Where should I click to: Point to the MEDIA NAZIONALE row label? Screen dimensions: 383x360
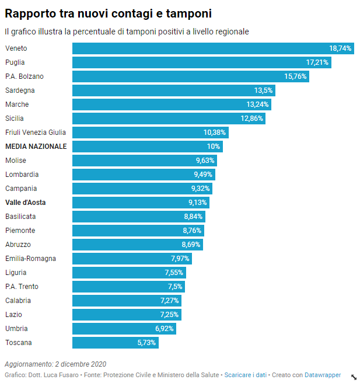pos(36,147)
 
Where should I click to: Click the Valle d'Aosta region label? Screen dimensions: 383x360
pos(26,203)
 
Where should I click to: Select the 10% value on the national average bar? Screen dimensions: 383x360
pos(213,147)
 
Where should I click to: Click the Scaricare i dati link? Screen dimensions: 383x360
pos(245,375)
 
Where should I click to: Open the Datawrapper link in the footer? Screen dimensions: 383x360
pos(323,375)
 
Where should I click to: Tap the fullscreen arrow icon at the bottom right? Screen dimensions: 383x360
pos(353,377)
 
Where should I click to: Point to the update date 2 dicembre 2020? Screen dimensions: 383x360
pos(81,364)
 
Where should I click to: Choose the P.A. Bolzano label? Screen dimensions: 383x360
pos(25,76)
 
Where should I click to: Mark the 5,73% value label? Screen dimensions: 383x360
pos(146,343)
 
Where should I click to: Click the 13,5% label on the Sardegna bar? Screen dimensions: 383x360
pos(263,90)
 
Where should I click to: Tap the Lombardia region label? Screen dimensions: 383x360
pos(22,175)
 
